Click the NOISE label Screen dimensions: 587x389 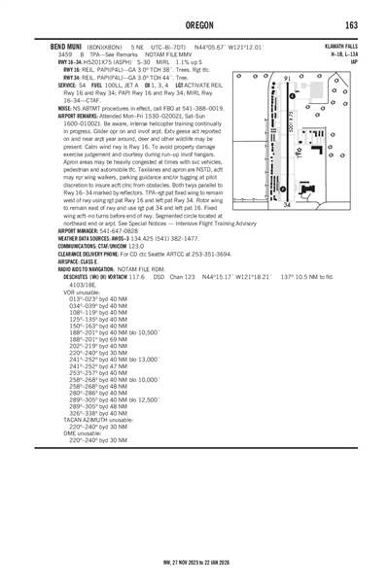point(41,106)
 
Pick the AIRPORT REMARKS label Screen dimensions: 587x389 point(57,113)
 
